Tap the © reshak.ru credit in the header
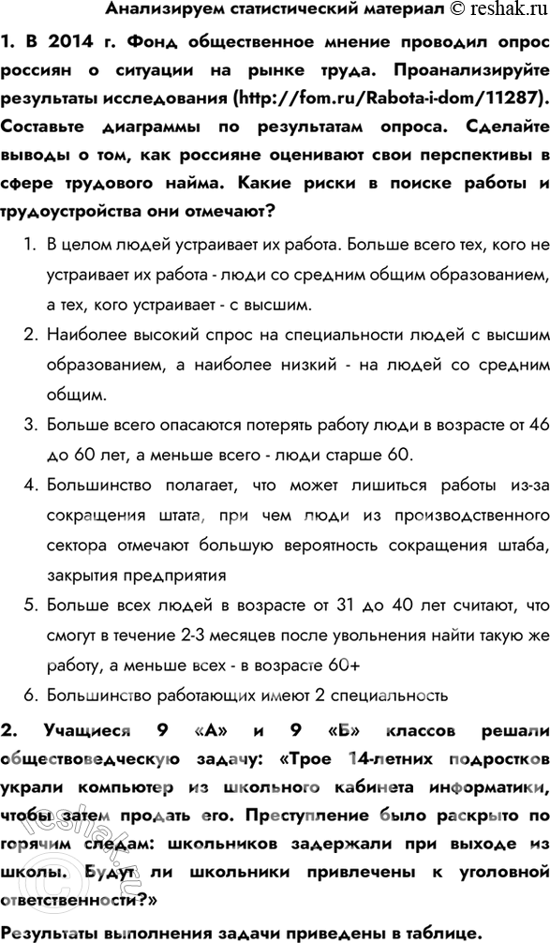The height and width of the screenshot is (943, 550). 495,10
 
